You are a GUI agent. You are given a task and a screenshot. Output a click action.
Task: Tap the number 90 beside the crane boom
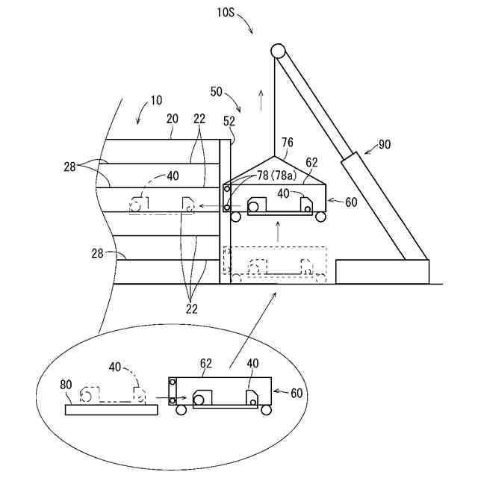tap(383, 144)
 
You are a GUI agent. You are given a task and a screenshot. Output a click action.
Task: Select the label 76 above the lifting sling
tap(287, 142)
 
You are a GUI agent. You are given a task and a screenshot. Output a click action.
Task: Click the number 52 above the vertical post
tap(229, 122)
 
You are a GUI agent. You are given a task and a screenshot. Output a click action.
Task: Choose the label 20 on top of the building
tap(172, 119)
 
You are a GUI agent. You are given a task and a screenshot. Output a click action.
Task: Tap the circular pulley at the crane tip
tap(278, 51)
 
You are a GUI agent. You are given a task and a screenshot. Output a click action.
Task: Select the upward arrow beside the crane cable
tap(261, 97)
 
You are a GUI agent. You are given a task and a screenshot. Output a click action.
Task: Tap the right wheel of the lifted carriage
tap(320, 217)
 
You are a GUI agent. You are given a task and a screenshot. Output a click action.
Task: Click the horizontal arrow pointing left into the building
tap(212, 206)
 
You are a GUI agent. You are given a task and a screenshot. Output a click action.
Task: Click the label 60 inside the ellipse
tap(297, 391)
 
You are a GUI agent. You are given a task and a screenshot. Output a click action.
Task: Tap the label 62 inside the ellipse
tap(206, 364)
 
